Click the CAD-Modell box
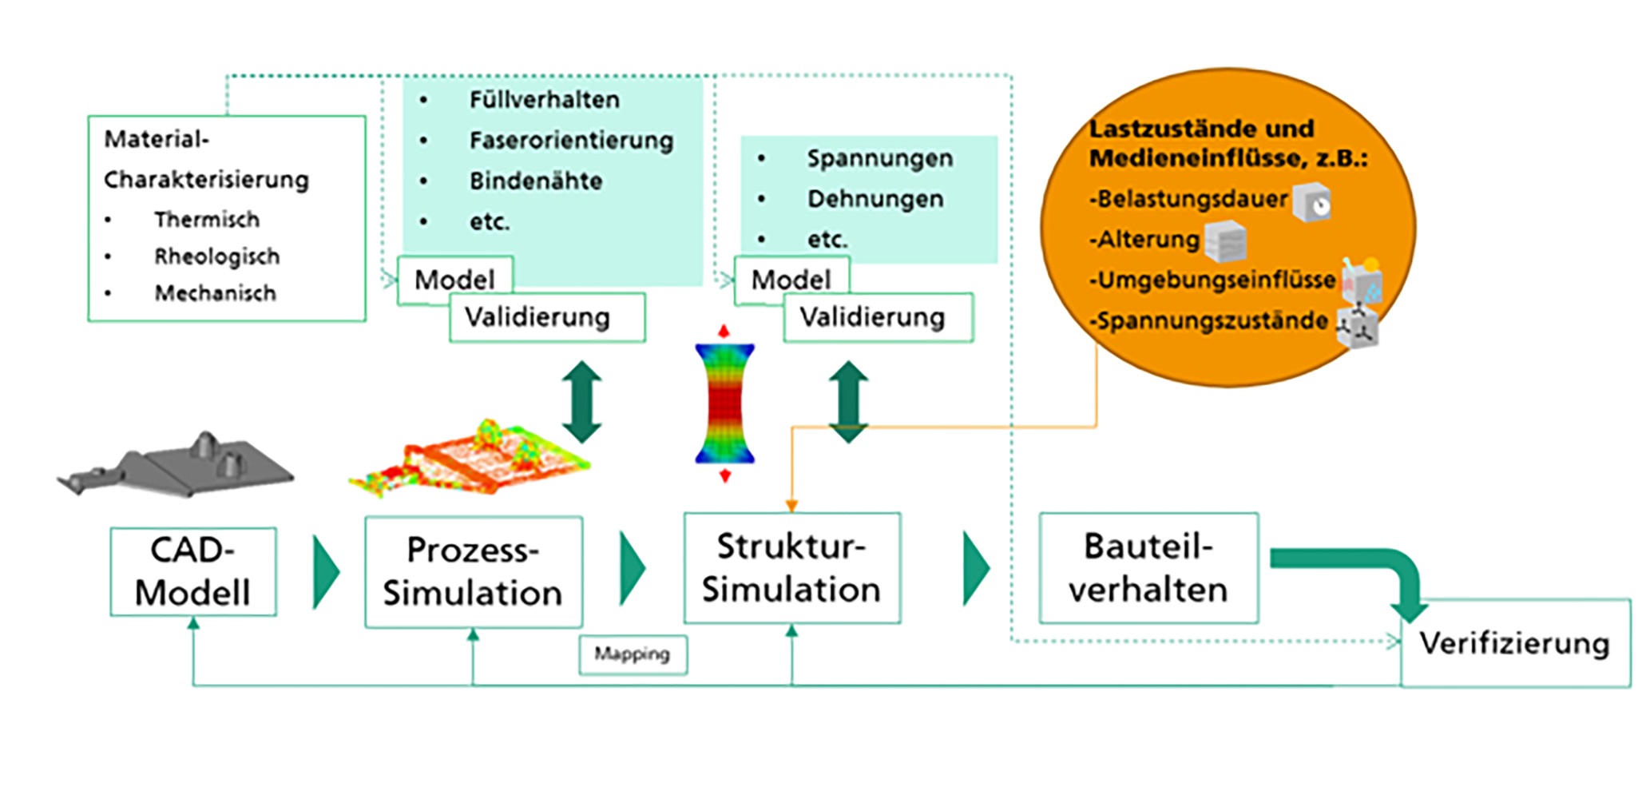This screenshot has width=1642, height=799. coord(193,571)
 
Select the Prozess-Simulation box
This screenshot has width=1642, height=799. coord(473,572)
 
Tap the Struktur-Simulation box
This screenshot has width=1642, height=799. coord(791,568)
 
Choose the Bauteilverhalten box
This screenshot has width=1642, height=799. coord(1148,568)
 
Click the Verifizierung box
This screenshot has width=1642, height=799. coord(1514,644)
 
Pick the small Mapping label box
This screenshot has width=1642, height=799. coord(633,654)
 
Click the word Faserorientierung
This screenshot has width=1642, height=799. coord(571,141)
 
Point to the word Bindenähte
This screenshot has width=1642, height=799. coord(535,181)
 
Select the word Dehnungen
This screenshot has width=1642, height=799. coord(875,199)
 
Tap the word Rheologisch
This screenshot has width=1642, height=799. coord(216,256)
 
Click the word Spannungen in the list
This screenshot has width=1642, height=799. coord(879,158)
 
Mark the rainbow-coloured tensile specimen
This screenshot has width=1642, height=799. coord(724,403)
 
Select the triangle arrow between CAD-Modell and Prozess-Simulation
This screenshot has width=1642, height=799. coord(325,572)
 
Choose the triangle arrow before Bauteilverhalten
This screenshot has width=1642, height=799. coord(975,568)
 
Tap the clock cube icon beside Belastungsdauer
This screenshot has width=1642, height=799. coord(1311,202)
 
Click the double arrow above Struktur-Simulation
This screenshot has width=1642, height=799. coord(847,402)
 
